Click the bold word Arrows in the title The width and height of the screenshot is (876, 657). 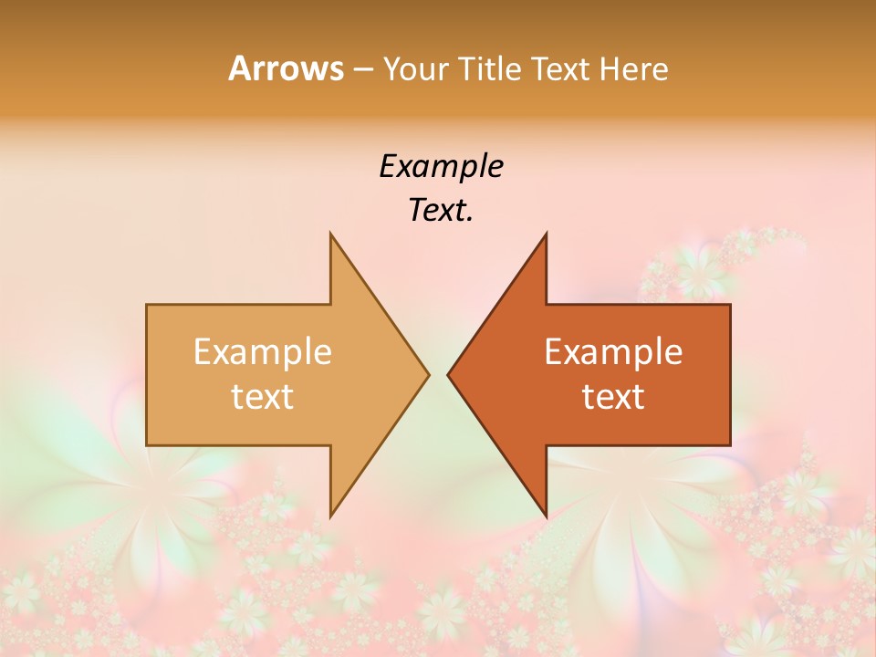(x=286, y=68)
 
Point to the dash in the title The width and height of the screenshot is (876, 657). (x=362, y=69)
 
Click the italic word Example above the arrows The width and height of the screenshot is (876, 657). (x=441, y=166)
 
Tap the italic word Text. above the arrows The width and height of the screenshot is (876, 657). (x=441, y=211)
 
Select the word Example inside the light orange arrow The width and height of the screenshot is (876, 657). (x=262, y=351)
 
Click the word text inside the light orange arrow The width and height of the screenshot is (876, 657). (x=262, y=397)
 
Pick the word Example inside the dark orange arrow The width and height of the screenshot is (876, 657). (x=613, y=351)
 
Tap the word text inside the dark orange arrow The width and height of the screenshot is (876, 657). (x=613, y=397)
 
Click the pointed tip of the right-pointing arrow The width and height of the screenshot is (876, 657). (x=429, y=374)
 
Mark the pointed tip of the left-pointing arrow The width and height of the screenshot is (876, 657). (x=447, y=374)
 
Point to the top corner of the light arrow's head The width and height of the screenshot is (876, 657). (x=330, y=233)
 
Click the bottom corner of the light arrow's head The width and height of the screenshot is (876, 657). (x=330, y=516)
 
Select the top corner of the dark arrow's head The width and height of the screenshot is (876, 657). (x=546, y=233)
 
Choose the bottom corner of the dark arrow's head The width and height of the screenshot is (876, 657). (x=546, y=516)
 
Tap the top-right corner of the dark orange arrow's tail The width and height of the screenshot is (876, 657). (x=730, y=304)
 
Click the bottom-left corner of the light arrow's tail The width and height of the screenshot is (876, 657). (x=147, y=445)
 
